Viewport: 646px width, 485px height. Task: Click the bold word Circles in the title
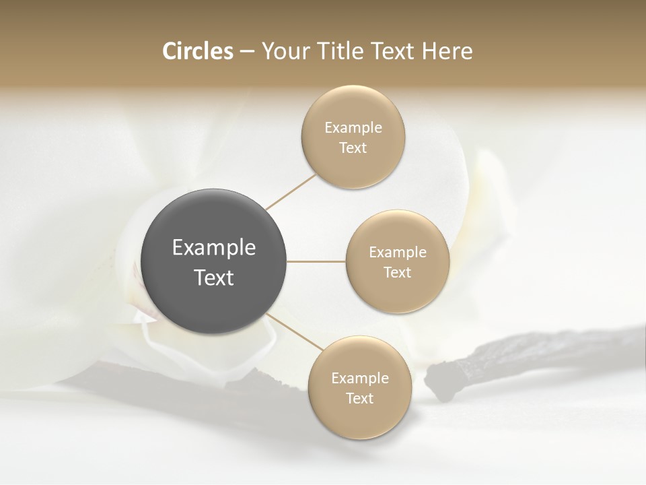pyautogui.click(x=197, y=51)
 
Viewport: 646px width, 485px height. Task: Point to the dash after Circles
pyautogui.click(x=247, y=52)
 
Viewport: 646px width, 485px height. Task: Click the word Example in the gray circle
pyautogui.click(x=214, y=248)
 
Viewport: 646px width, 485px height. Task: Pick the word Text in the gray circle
pyautogui.click(x=214, y=278)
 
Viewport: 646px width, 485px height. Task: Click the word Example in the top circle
pyautogui.click(x=353, y=128)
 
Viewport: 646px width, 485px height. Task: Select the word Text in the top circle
pyautogui.click(x=353, y=148)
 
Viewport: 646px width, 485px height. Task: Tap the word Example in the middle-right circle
pyautogui.click(x=397, y=253)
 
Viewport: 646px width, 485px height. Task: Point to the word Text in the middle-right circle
pyautogui.click(x=397, y=273)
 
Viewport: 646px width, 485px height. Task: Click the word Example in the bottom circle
pyautogui.click(x=359, y=379)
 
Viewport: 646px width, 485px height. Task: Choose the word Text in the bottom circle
pyautogui.click(x=359, y=399)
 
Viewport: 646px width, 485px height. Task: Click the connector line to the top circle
pyautogui.click(x=291, y=192)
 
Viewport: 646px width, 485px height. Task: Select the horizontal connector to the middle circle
pyautogui.click(x=316, y=261)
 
